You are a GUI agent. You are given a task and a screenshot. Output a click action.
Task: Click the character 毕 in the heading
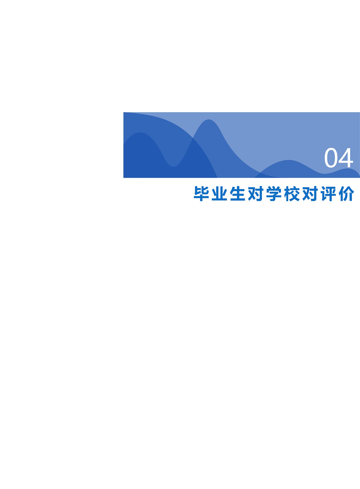click(201, 194)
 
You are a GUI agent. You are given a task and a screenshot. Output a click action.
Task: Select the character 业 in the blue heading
click(219, 194)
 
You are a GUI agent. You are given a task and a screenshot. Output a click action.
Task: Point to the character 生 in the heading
click(237, 194)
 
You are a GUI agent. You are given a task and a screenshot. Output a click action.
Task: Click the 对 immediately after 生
click(256, 194)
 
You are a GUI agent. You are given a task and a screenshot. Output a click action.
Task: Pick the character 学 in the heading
click(274, 194)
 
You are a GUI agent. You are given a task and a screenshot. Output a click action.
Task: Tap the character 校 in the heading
click(292, 194)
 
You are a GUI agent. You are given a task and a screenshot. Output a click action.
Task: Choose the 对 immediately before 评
click(310, 194)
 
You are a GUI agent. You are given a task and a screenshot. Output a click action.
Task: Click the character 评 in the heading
click(328, 194)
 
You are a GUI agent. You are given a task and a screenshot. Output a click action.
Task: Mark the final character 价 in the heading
click(346, 194)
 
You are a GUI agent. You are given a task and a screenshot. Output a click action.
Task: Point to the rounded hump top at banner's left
click(140, 133)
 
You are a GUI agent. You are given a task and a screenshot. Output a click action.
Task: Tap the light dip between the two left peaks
click(173, 166)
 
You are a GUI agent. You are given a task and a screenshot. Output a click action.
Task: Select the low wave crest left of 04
click(288, 160)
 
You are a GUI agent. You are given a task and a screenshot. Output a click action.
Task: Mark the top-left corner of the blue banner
click(124, 112)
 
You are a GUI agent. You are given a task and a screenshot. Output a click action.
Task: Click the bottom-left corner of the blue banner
click(124, 178)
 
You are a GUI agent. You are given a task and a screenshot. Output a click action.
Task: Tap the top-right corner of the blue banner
click(360, 112)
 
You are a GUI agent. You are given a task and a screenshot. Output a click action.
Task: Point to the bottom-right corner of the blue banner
click(360, 178)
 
